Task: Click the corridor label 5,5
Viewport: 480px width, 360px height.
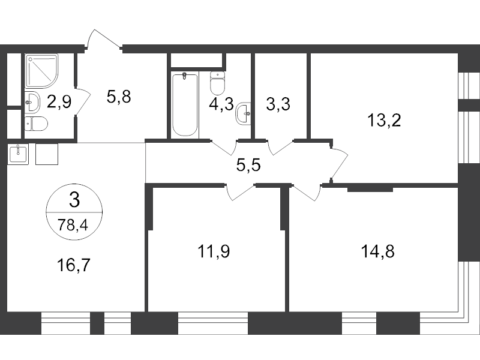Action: point(248,166)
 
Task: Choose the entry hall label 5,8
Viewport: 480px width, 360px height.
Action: point(118,97)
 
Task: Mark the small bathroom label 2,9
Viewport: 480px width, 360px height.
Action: point(59,101)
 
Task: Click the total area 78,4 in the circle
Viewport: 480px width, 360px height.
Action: point(74,226)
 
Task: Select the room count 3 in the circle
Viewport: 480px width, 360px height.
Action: point(74,199)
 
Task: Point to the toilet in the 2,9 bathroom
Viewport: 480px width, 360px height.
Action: point(37,124)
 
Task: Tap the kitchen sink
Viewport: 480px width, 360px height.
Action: point(18,154)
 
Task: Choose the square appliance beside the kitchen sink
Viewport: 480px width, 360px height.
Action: point(47,154)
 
